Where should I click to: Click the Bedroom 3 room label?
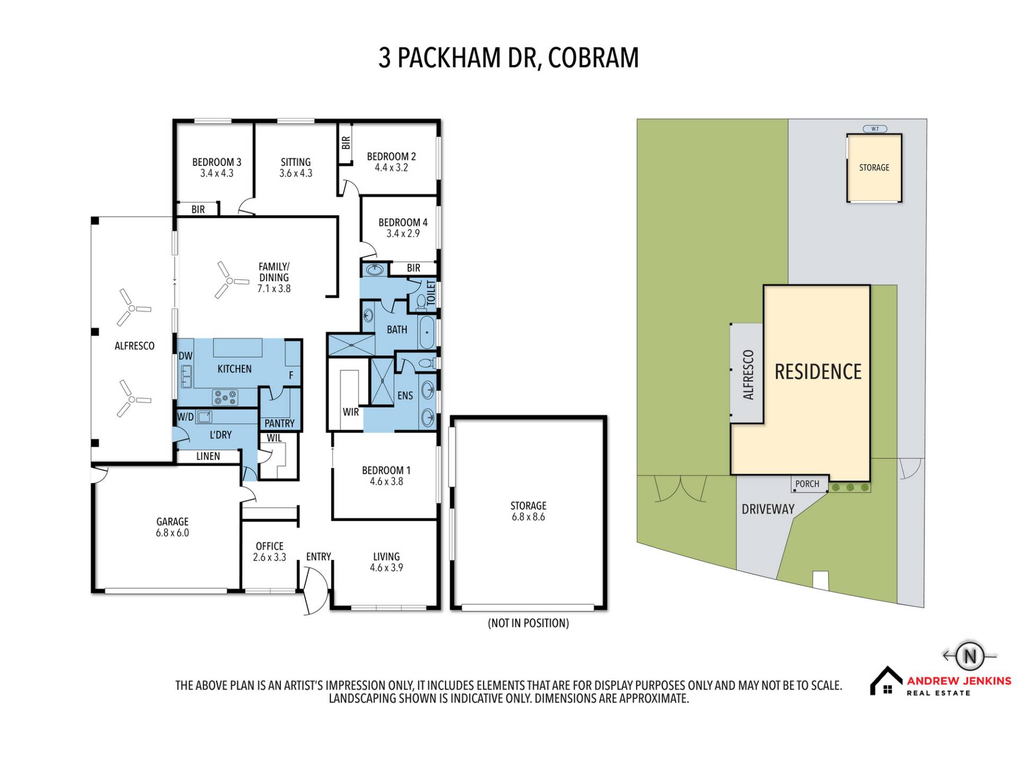coord(216,162)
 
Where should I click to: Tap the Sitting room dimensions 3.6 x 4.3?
coord(296,173)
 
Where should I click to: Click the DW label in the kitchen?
coord(186,356)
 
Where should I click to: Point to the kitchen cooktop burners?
coord(225,397)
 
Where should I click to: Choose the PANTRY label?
coord(279,423)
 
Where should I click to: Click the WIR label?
coord(350,412)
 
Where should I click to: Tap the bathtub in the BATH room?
coord(427,332)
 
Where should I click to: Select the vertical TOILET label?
coord(431,292)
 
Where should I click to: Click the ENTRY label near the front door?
coord(319,556)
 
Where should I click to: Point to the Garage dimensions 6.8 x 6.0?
coord(172,533)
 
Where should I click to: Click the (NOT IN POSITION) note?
coord(528,623)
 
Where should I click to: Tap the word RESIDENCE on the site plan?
coord(818,372)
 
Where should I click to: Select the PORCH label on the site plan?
coord(807,484)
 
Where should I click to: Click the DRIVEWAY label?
coord(768,509)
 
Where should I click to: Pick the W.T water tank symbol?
coord(875,129)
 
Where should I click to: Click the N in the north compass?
coord(970,656)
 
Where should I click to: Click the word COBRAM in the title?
coord(593,58)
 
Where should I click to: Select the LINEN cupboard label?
coord(208,456)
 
